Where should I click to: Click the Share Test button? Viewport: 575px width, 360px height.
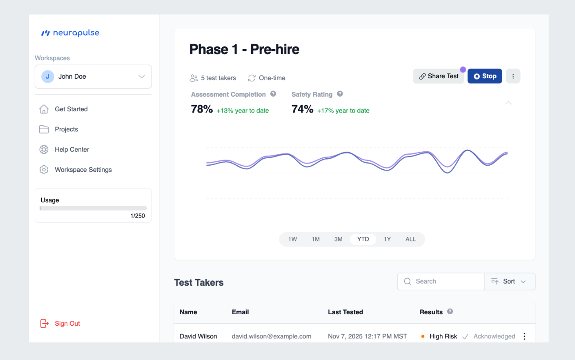coord(438,76)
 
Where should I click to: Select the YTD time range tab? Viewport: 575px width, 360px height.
coord(363,239)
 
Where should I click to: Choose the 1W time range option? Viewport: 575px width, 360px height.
coord(293,239)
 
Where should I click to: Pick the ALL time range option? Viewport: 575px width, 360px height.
coord(410,239)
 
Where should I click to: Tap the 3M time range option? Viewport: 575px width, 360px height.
coord(338,239)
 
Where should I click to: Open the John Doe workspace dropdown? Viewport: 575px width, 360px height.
coord(93,76)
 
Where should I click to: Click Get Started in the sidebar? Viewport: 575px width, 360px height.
coord(71,109)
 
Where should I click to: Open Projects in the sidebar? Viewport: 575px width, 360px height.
coord(66,129)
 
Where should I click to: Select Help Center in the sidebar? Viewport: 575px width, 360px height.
coord(72,149)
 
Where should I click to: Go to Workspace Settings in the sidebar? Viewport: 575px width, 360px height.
coord(83,170)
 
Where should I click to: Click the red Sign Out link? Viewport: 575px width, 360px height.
coord(67,324)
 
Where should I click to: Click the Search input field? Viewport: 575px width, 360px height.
coord(444,281)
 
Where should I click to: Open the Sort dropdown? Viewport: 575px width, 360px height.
coord(509,281)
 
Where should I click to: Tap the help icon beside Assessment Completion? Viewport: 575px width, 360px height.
coord(273,94)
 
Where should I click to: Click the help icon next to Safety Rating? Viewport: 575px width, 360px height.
coord(340,94)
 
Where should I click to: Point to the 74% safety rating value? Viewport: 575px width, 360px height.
coord(302,109)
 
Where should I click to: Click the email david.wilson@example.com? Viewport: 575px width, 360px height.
coord(271,336)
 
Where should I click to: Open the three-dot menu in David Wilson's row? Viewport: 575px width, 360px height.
coord(524,336)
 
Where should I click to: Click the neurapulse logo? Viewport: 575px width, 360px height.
coord(70,33)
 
